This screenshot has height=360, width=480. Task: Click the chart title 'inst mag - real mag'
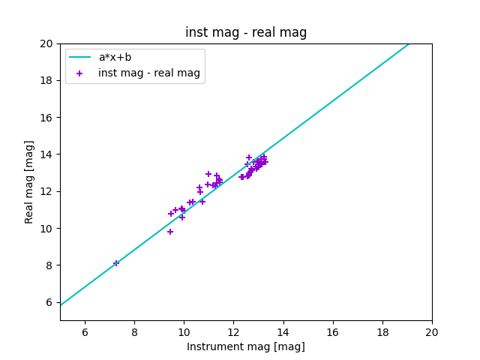[246, 33]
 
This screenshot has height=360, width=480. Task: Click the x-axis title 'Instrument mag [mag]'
[246, 346]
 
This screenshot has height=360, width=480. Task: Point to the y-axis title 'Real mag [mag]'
[29, 181]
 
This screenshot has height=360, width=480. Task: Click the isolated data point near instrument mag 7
[116, 263]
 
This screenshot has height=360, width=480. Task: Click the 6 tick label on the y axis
[50, 302]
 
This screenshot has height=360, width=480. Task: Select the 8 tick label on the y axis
[50, 265]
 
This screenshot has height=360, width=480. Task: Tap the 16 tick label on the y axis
[48, 118]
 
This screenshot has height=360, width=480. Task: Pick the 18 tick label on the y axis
[48, 81]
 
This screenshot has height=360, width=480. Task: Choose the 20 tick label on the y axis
[48, 43]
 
